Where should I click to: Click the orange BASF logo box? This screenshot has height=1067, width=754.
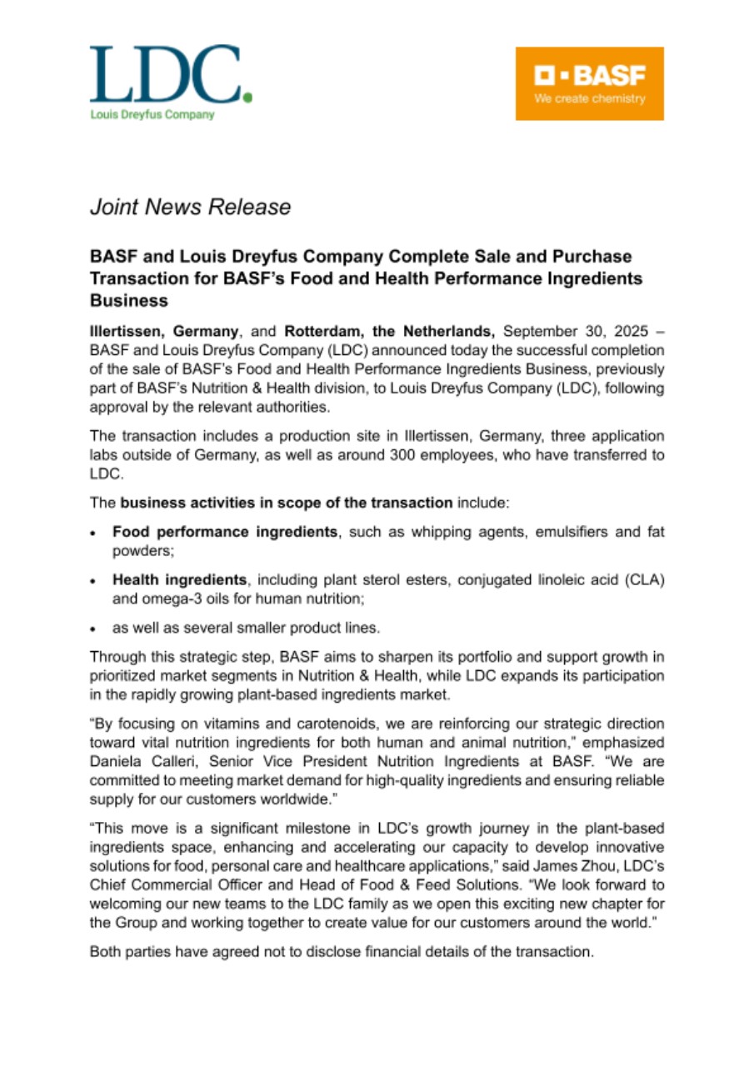coord(589,83)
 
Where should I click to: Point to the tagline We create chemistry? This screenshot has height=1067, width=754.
coord(589,98)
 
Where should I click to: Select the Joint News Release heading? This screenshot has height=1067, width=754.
coord(190,207)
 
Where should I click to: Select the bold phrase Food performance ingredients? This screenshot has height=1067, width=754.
coord(226,532)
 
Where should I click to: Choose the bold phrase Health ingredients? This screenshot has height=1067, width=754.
coord(181,579)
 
